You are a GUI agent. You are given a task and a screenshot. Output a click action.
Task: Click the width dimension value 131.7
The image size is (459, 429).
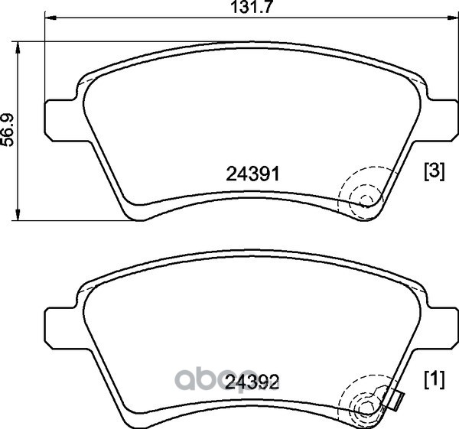click(x=252, y=7)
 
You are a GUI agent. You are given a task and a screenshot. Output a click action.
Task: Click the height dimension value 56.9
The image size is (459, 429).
click(x=8, y=130)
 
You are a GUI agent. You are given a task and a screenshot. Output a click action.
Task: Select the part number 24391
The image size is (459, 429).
click(x=253, y=174)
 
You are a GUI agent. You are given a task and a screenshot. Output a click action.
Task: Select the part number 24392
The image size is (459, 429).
click(x=252, y=382)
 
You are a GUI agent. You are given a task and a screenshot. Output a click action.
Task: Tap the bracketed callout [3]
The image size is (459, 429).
click(x=435, y=172)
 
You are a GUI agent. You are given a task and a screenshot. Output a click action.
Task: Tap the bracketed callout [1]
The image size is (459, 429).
click(x=435, y=379)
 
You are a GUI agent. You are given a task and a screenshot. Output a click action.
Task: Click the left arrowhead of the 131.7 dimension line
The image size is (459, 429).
click(x=50, y=18)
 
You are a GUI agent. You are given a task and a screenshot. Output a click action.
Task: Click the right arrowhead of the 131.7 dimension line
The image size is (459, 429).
click(x=452, y=18)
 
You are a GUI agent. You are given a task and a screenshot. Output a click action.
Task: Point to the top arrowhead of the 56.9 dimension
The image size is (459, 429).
click(x=18, y=47)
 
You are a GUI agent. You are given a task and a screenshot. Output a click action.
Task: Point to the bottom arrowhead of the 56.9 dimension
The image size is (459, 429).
click(x=18, y=214)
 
